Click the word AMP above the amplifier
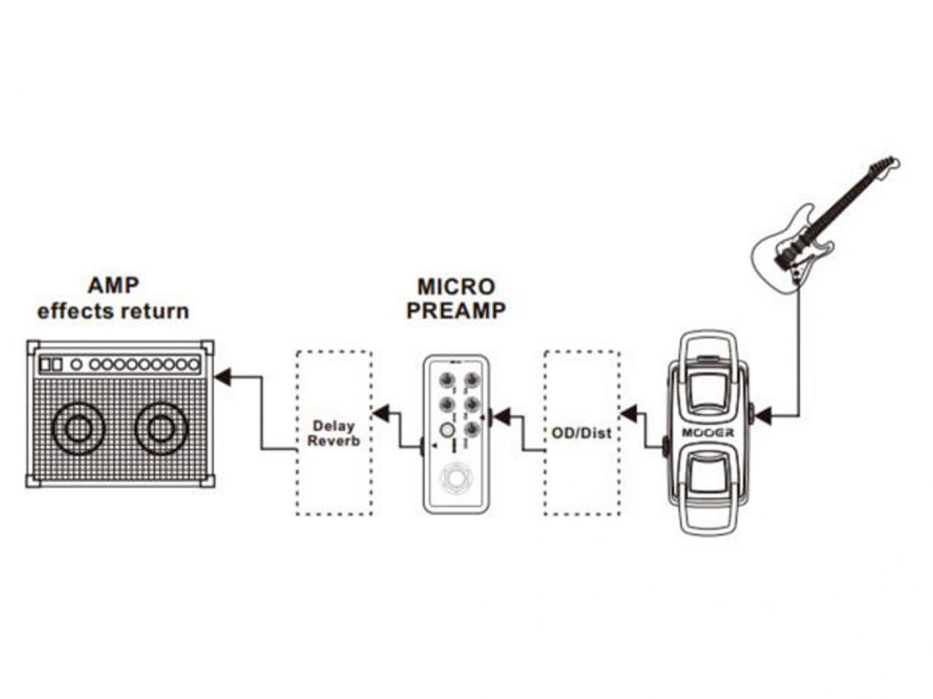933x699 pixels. (113, 286)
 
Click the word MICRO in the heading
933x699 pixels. (456, 286)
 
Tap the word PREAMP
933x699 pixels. (456, 310)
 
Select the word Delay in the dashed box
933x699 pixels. (333, 426)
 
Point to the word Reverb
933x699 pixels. (334, 441)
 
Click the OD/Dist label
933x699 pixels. (582, 433)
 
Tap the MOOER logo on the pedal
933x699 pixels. (708, 432)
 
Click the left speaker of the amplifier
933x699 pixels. (78, 428)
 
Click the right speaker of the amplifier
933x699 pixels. (161, 428)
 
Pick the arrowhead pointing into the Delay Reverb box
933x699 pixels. (381, 412)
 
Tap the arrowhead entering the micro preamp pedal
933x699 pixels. (500, 416)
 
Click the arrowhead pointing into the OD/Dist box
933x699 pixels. (629, 412)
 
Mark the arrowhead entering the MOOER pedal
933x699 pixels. (763, 416)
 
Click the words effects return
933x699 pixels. (113, 311)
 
